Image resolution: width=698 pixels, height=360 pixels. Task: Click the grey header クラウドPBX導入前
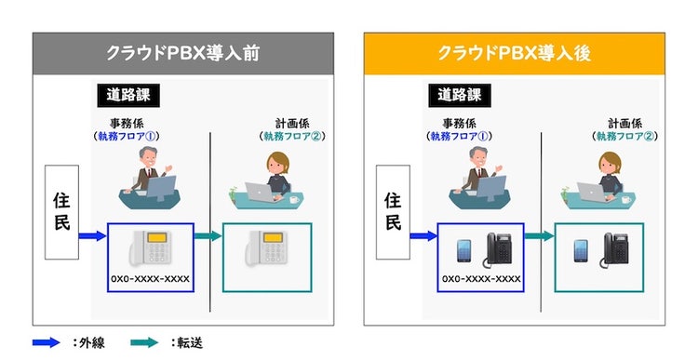[x=182, y=52]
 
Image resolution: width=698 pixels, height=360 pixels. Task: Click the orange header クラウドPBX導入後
[x=515, y=52]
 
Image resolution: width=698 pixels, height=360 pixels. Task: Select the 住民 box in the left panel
[x=60, y=211]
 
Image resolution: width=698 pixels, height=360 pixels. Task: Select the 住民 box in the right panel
[x=394, y=211]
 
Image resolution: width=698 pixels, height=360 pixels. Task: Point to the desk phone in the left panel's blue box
[x=152, y=249]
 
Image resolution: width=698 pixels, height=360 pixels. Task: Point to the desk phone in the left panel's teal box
[x=266, y=249]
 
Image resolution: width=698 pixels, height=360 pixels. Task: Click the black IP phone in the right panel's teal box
[x=615, y=249]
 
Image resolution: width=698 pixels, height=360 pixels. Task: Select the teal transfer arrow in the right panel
[x=540, y=236]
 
